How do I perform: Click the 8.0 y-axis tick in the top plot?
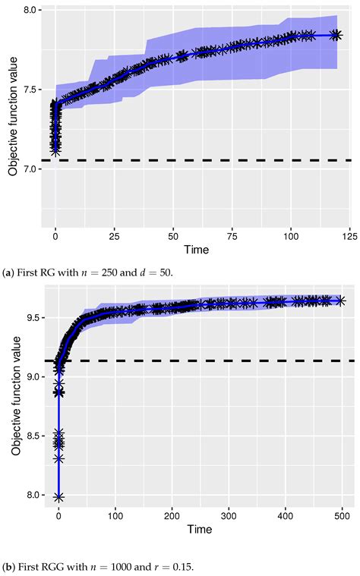[x=30, y=11]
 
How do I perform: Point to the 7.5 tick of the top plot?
[x=30, y=90]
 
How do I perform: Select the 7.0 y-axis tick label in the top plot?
[x=30, y=168]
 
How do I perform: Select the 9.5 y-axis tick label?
[x=30, y=318]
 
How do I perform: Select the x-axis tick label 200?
[x=174, y=517]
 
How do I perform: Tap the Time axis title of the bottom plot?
[x=200, y=529]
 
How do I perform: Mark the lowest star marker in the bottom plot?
[x=58, y=497]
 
